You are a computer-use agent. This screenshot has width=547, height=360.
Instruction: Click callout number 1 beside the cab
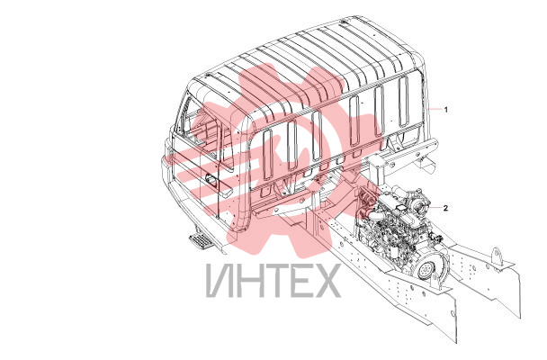pos(445,109)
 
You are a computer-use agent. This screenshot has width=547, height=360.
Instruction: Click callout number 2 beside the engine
pos(445,208)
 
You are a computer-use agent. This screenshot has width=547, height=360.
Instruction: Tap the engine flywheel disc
pos(426,269)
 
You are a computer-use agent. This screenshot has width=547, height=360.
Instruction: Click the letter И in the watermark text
pos(220,281)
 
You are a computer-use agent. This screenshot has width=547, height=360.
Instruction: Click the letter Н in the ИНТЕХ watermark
pos(247,281)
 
